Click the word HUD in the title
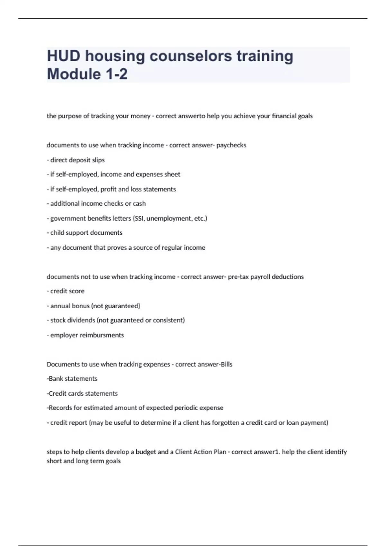(64, 56)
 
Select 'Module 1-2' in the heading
(87, 74)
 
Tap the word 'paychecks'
(231, 145)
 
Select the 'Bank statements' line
(73, 379)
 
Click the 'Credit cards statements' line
(83, 393)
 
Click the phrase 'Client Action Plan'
(200, 452)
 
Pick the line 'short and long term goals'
(84, 461)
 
